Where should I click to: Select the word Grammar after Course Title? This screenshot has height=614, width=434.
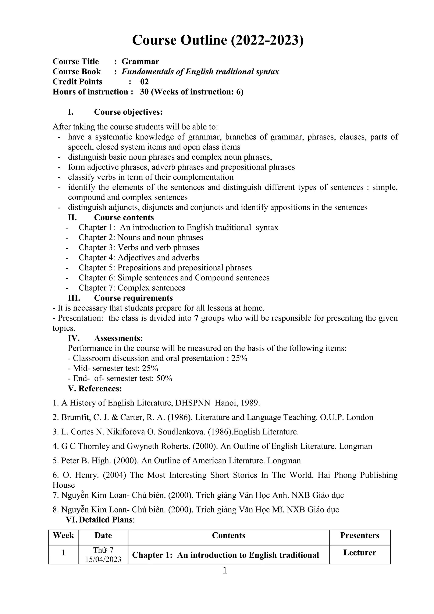click(140, 61)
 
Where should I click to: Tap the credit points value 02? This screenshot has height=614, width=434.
click(144, 82)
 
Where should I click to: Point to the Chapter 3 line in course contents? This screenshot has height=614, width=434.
click(139, 247)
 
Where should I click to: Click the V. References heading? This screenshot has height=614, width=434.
click(95, 388)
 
